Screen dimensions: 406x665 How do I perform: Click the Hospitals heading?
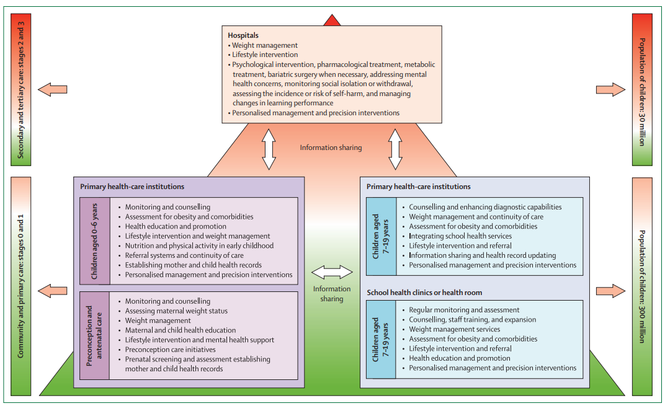point(243,36)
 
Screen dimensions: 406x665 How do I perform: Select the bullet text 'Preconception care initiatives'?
point(170,350)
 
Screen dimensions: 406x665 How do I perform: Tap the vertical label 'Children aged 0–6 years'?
point(95,241)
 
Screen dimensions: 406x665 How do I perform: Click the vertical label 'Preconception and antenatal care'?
point(95,335)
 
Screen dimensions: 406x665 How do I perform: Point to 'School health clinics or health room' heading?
point(424,293)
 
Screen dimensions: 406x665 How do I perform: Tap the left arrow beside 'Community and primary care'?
point(52,289)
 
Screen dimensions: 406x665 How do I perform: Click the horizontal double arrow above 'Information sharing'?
point(332,272)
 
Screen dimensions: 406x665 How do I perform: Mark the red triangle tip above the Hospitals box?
point(332,19)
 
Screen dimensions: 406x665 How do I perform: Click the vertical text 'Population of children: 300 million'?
point(642,286)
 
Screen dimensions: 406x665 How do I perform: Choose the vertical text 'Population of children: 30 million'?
point(642,90)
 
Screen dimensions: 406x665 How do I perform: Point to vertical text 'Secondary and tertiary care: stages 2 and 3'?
point(20,90)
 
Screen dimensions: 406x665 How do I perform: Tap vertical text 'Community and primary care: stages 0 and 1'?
point(20,286)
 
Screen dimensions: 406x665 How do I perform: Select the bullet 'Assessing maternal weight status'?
point(176,311)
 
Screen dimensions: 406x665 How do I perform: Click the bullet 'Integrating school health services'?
point(460,236)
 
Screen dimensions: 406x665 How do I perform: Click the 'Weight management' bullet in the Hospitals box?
point(264,45)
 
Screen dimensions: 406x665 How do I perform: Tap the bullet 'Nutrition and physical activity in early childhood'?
point(199,245)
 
